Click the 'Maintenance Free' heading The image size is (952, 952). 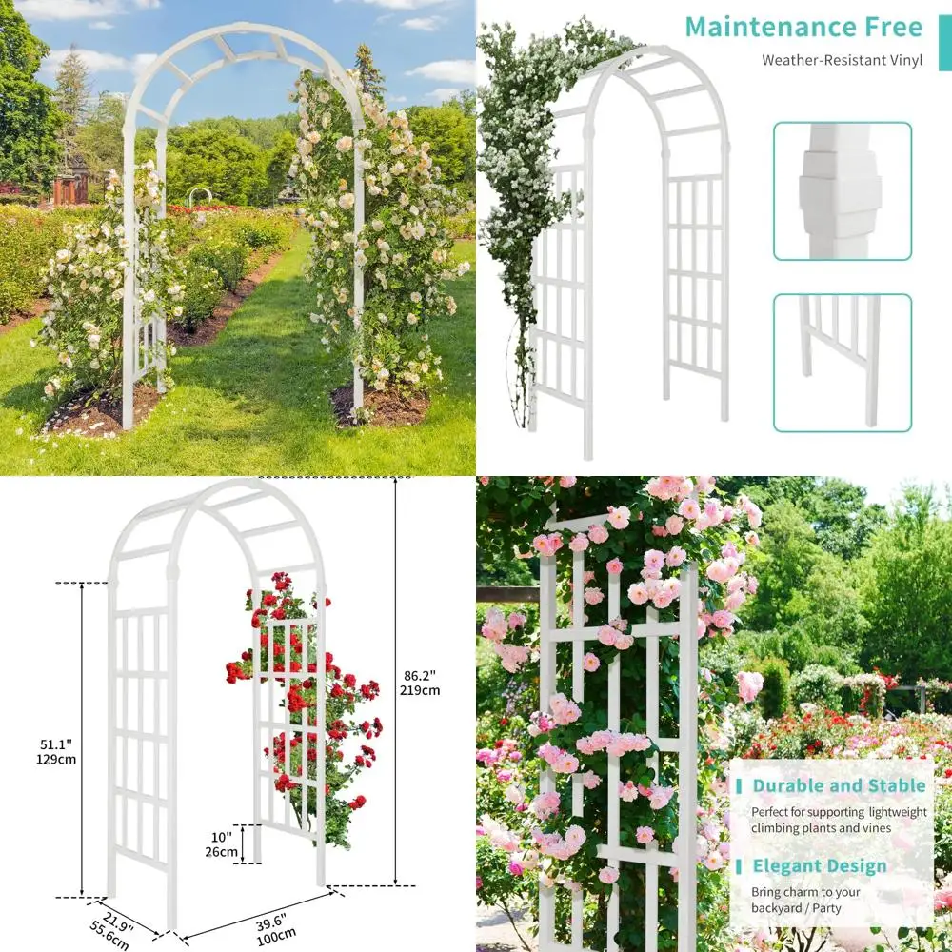pyautogui.click(x=803, y=26)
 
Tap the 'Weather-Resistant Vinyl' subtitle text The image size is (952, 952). pyautogui.click(x=842, y=61)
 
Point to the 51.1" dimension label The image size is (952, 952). pyautogui.click(x=58, y=743)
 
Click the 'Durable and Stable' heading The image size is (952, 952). pyautogui.click(x=839, y=785)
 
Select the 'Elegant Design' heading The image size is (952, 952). pyautogui.click(x=819, y=865)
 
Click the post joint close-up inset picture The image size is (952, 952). pyautogui.click(x=842, y=190)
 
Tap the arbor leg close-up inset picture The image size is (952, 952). pyautogui.click(x=842, y=362)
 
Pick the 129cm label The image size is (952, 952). pyautogui.click(x=58, y=759)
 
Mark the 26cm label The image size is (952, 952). pyautogui.click(x=222, y=851)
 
